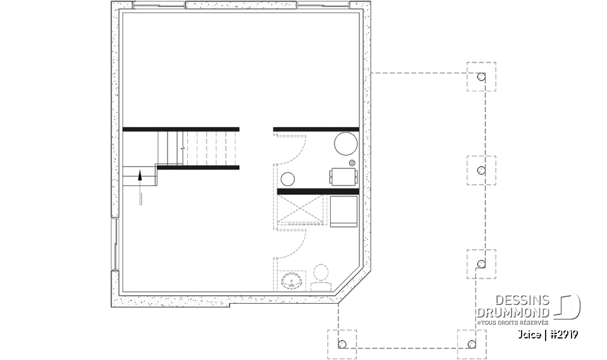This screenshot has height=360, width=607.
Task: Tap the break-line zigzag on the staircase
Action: pyautogui.click(x=182, y=147)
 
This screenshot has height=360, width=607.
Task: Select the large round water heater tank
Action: pyautogui.click(x=345, y=144)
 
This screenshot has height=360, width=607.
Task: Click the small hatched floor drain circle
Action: pyautogui.click(x=352, y=163)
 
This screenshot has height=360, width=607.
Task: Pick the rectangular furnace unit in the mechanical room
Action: pyautogui.click(x=342, y=177)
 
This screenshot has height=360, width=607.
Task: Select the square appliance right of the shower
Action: pyautogui.click(x=343, y=210)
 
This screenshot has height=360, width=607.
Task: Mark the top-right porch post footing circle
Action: pyautogui.click(x=481, y=77)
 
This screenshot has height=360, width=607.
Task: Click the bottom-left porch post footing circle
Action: pyautogui.click(x=342, y=345)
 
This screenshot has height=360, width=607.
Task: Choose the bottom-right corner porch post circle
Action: pyautogui.click(x=471, y=345)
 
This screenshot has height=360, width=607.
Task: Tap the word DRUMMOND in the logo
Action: pyautogui.click(x=513, y=313)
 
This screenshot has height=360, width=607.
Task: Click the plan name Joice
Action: pyautogui.click(x=529, y=334)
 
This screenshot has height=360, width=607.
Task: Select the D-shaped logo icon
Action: pyautogui.click(x=569, y=306)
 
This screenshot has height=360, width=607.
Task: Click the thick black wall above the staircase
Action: pyautogui.click(x=181, y=129)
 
